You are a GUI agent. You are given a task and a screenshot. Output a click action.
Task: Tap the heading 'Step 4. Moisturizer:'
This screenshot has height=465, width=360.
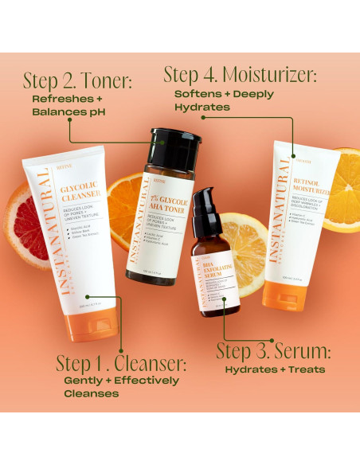(240, 75)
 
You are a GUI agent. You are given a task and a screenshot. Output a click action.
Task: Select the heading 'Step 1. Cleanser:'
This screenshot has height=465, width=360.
(121, 363)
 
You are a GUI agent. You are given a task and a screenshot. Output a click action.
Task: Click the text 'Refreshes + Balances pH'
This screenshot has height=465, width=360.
(68, 106)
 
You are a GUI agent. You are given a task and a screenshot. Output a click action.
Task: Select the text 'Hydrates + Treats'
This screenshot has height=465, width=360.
(275, 369)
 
